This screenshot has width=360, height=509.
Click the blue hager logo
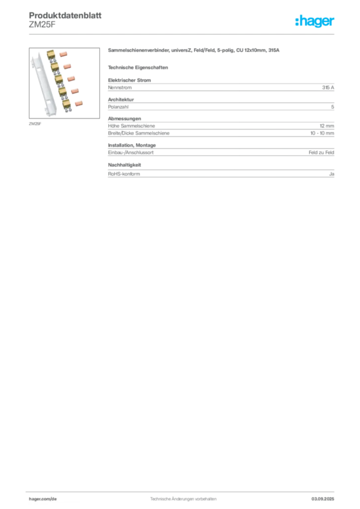point(316,21)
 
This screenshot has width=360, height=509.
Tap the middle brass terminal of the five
point(59,80)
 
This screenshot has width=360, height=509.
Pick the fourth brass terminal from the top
point(62,91)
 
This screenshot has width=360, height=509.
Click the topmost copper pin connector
point(63,53)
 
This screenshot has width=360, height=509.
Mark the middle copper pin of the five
point(72,79)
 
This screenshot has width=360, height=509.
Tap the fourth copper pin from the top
point(75,91)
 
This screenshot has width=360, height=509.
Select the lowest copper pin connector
point(79,103)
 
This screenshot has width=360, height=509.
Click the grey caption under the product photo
point(34,123)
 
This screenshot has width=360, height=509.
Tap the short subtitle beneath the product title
point(139,67)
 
